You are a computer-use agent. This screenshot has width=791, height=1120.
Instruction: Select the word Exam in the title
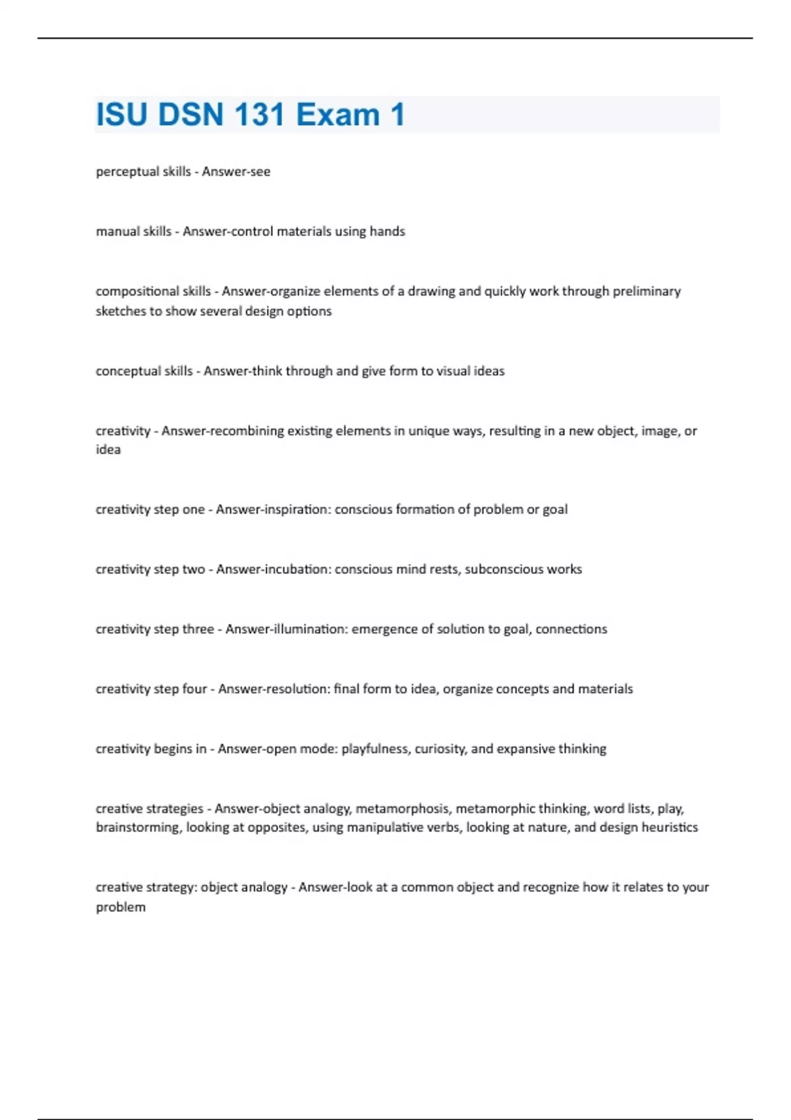pyautogui.click(x=337, y=115)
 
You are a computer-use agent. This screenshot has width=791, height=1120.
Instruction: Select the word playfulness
pyautogui.click(x=375, y=749)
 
